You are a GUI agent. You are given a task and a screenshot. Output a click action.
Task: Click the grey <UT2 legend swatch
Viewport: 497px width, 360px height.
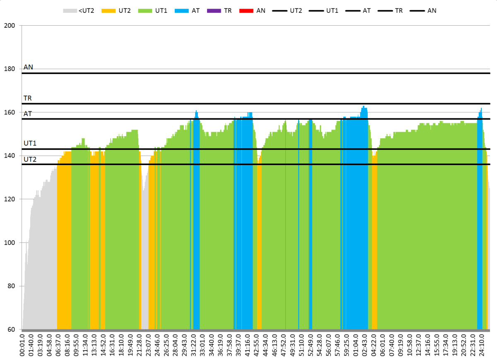(70, 10)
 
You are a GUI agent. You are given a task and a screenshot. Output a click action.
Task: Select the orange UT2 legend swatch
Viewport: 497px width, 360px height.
(109, 10)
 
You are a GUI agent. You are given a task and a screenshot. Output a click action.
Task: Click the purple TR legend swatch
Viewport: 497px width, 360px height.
(214, 10)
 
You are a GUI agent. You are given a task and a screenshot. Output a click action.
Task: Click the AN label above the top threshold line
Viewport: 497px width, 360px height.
(28, 67)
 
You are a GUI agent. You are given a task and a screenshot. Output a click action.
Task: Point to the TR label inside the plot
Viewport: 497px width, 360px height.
(28, 98)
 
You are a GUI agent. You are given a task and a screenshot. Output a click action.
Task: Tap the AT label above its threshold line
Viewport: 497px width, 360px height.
(28, 113)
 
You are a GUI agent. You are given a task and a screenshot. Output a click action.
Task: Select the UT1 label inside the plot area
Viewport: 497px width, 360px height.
(30, 143)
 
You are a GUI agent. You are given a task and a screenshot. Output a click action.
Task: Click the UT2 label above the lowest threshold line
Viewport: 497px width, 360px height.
(30, 159)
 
